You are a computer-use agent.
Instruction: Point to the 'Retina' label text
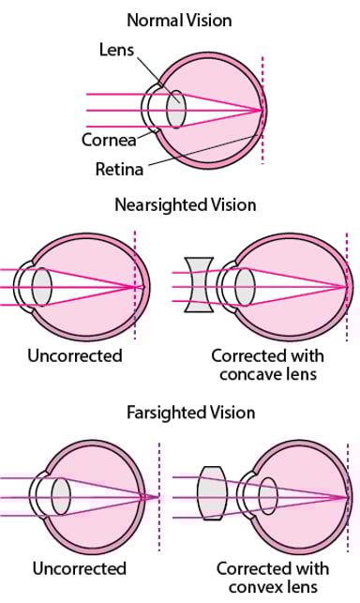point(118,170)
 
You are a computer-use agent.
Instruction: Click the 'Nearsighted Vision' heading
point(185,204)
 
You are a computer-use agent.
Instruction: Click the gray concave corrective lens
point(198,285)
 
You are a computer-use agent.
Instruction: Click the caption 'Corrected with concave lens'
point(267,365)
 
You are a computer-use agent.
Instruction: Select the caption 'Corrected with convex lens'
point(273,577)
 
